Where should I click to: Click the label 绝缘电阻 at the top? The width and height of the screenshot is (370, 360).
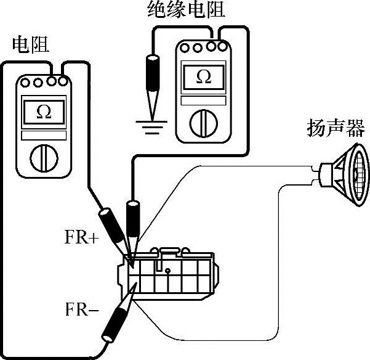[x=187, y=10]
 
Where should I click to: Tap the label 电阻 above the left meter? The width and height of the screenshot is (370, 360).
[x=30, y=44]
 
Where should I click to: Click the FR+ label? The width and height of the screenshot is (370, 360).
[x=81, y=238]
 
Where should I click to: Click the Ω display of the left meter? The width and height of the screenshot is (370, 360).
[x=44, y=112]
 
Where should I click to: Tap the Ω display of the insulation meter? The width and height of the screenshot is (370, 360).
[x=204, y=76]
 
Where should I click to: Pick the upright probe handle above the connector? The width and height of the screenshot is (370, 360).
[x=132, y=218]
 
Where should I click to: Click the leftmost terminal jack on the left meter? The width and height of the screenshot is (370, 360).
[x=26, y=81]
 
